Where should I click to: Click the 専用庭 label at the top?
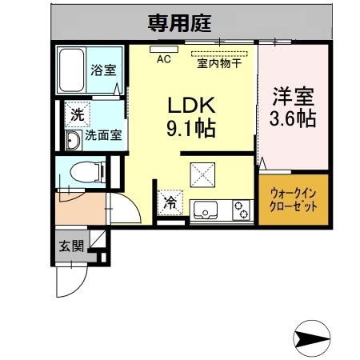pyautogui.click(x=178, y=23)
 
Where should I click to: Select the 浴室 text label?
pyautogui.click(x=102, y=70)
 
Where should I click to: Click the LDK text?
pyautogui.click(x=187, y=105)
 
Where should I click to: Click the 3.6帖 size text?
pyautogui.click(x=293, y=120)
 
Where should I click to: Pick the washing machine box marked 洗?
pyautogui.click(x=77, y=115)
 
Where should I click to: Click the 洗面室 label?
pyautogui.click(x=103, y=136)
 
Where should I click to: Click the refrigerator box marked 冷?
pyautogui.click(x=170, y=204)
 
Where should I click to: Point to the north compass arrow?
pyautogui.click(x=313, y=338)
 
